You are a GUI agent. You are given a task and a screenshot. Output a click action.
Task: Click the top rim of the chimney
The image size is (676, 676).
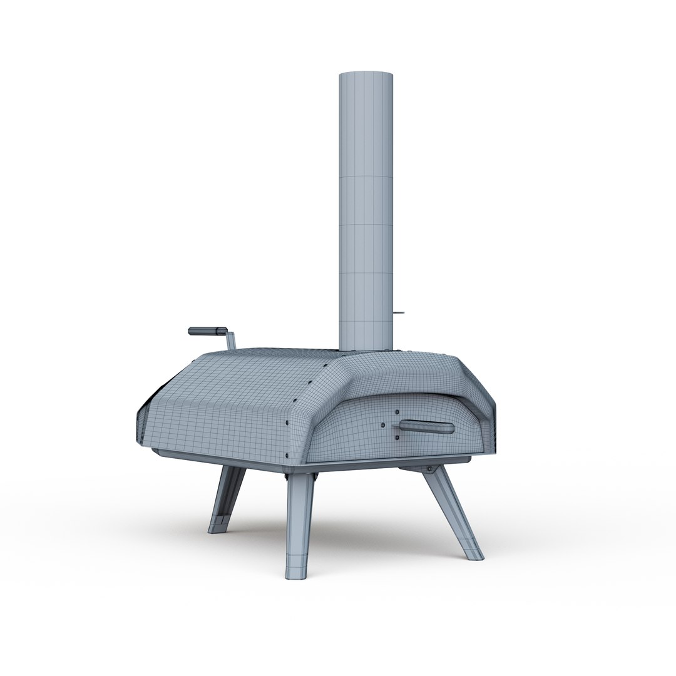click(366, 74)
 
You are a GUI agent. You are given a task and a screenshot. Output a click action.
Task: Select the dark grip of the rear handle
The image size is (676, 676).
click(207, 330)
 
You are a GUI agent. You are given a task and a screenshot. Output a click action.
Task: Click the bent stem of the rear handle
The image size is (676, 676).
click(230, 341)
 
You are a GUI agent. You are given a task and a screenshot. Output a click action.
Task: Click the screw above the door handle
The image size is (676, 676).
click(396, 412)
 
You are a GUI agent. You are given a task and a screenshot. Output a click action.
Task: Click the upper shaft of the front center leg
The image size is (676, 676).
click(300, 501)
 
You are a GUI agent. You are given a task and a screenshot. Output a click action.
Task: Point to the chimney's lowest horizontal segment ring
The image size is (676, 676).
click(366, 323)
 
